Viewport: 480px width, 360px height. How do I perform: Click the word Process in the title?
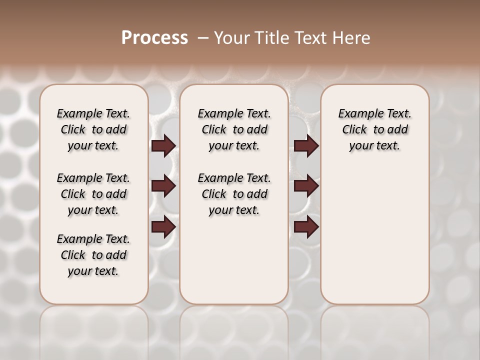point(154,38)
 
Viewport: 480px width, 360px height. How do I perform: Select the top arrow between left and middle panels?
point(163,146)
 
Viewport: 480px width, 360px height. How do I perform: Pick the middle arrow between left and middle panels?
point(163,186)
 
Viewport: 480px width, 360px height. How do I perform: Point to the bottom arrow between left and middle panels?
point(163,227)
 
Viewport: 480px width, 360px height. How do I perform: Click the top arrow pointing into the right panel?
point(306,146)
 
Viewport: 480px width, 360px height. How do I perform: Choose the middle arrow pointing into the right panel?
point(306,186)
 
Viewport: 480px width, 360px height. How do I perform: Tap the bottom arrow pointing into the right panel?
point(306,227)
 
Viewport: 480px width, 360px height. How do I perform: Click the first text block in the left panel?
point(93,129)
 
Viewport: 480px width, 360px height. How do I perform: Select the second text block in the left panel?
point(93,194)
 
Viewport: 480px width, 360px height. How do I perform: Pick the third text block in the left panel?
point(93,255)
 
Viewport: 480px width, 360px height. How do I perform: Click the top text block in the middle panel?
point(234,129)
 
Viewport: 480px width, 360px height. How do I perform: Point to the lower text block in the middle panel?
point(234,194)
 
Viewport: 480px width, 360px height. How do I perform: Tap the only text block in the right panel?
point(374,129)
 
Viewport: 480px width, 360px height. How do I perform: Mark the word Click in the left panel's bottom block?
point(73,255)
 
